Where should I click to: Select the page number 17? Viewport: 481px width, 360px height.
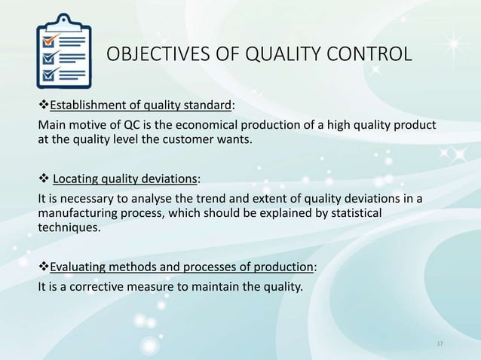(441, 344)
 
